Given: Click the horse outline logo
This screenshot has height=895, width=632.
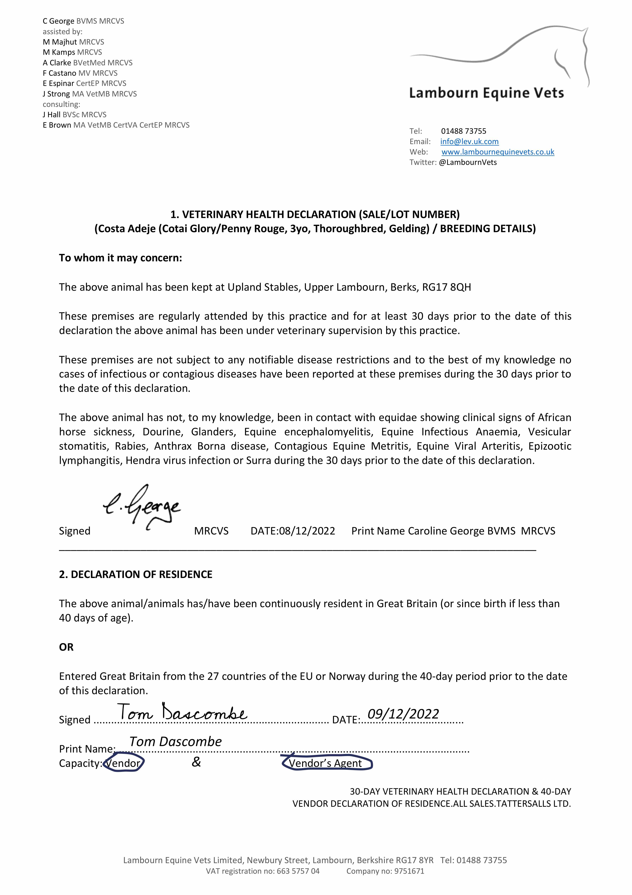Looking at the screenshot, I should [506, 55].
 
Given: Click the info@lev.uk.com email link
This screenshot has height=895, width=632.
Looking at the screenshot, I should [469, 142].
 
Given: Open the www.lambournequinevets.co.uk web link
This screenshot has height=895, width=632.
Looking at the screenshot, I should [498, 152].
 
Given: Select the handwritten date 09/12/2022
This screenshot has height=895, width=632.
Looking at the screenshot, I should [403, 714].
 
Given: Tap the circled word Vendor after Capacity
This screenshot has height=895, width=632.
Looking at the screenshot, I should [123, 763].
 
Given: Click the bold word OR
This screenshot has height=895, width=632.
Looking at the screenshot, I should [66, 647].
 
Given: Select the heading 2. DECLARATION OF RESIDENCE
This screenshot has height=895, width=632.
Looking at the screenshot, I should [136, 575].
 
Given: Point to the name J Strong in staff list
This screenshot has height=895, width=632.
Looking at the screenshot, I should [56, 94].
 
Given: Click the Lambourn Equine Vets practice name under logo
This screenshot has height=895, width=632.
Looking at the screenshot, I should [486, 93].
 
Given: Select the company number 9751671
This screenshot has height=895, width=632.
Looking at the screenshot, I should [409, 871].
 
